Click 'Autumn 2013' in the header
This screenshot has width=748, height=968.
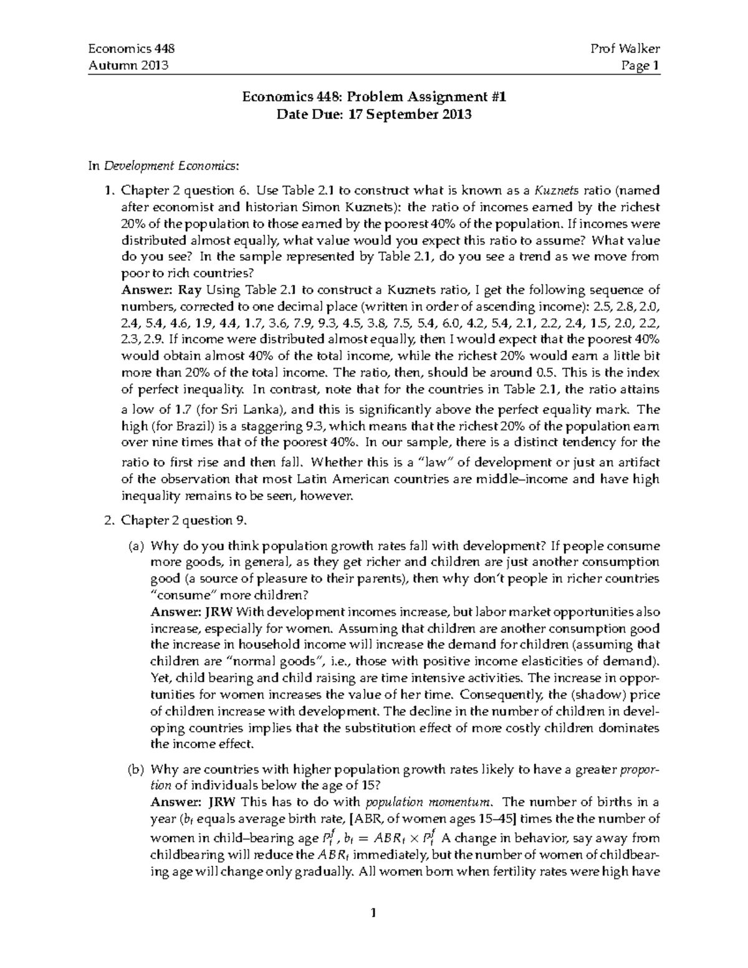[128, 65]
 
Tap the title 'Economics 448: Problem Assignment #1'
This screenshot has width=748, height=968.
[374, 97]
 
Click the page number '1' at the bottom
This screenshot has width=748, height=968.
[374, 914]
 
